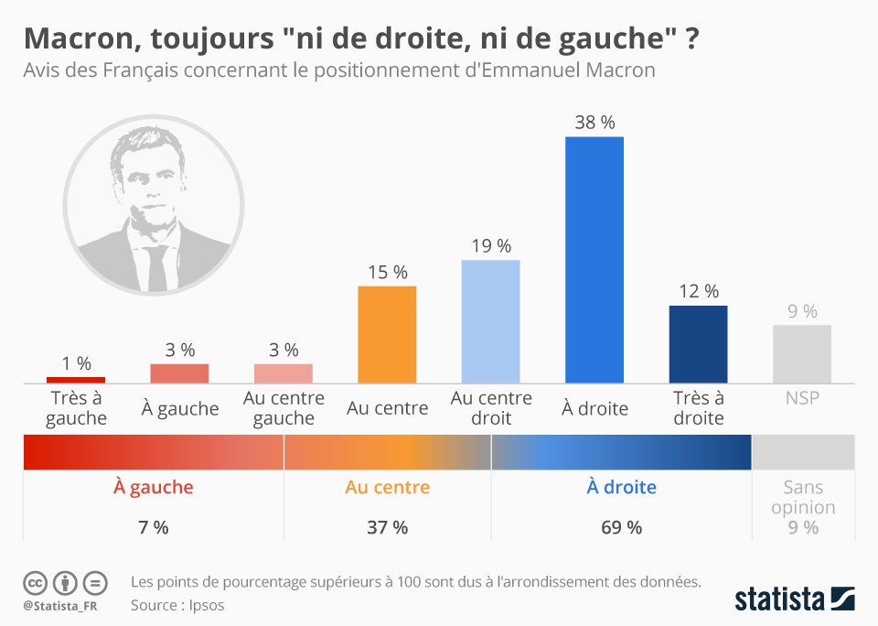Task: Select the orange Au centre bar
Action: tap(387, 334)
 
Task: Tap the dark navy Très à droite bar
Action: tap(698, 343)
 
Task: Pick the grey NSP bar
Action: tap(802, 353)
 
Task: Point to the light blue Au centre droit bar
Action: tap(490, 321)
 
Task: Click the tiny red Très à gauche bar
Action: tap(76, 379)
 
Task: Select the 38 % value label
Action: tap(594, 122)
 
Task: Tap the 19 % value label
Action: tap(490, 245)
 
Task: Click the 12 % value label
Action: tap(698, 291)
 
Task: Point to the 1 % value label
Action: tap(76, 362)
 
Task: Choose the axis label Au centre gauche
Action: tap(284, 408)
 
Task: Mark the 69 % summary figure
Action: tap(621, 527)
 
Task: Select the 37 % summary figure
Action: tap(387, 527)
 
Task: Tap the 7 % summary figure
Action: tap(153, 527)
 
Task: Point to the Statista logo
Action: tap(795, 599)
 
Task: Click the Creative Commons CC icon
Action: tap(35, 582)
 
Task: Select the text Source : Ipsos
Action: tap(177, 604)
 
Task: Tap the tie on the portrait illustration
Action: tap(156, 266)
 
